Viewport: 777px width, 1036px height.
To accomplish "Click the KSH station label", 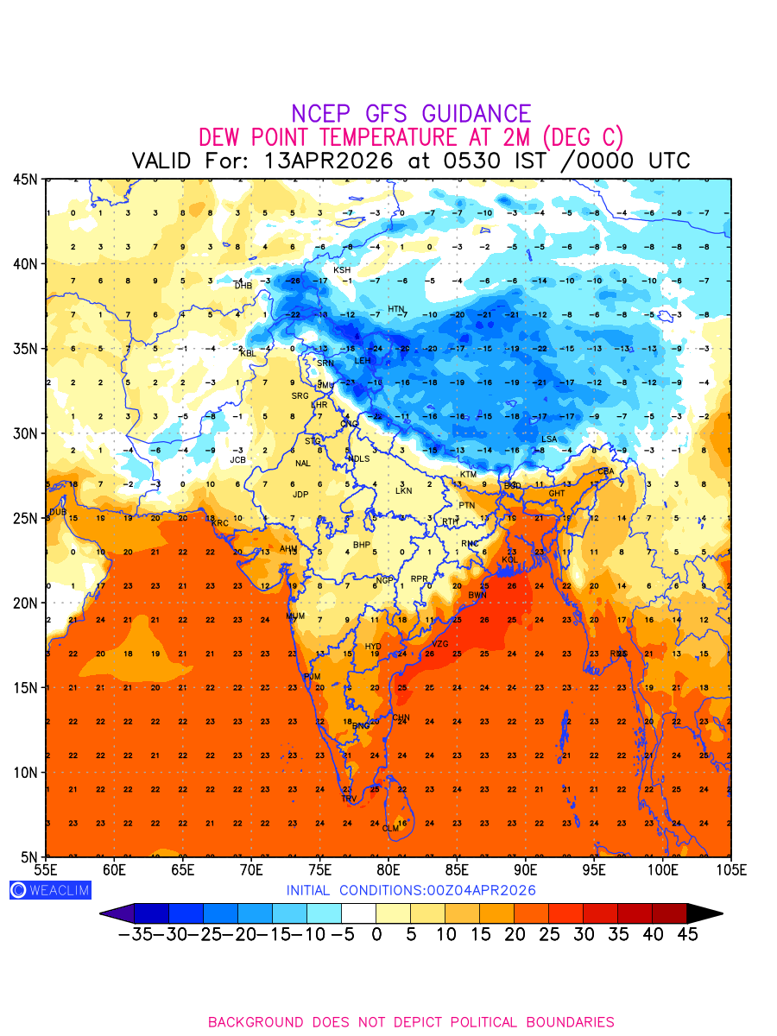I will [x=342, y=270].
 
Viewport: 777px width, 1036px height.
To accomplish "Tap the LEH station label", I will [x=363, y=360].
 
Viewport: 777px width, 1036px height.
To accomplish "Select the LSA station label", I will [x=549, y=439].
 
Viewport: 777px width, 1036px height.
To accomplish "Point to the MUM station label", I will [x=295, y=616].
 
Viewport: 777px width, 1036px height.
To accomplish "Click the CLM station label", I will [x=391, y=829].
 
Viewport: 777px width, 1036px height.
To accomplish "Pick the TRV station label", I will [x=349, y=799].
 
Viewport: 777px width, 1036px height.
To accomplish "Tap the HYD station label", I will [x=373, y=647].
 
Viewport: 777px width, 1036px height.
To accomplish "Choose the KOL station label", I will [x=510, y=560].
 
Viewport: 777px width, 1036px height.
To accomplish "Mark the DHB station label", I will [x=243, y=286].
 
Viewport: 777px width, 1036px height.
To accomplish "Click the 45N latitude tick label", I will [x=25, y=180].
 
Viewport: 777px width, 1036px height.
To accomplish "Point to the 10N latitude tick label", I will [x=25, y=772].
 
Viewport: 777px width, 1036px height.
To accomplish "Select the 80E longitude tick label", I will [x=388, y=869].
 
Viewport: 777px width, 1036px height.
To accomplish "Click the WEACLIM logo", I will [x=50, y=890].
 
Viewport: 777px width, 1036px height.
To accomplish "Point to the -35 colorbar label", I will [x=136, y=934].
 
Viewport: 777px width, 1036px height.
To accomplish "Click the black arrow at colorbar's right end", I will [x=704, y=913].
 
